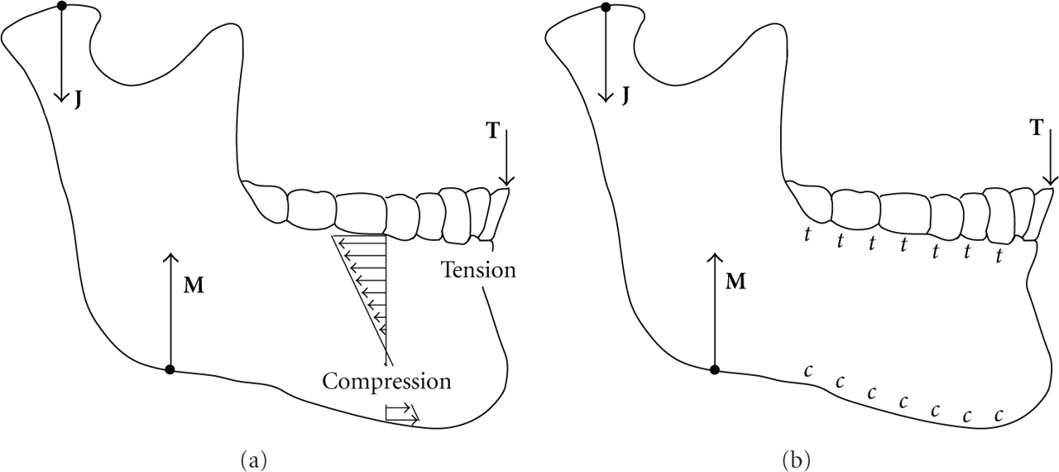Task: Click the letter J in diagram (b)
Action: [x=625, y=97]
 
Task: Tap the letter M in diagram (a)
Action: [x=194, y=287]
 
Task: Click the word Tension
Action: [x=478, y=270]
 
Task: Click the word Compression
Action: [x=386, y=382]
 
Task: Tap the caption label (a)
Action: [x=253, y=457]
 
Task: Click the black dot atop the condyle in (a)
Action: [x=61, y=7]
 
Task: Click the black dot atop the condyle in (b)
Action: [x=606, y=7]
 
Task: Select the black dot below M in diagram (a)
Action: [x=170, y=369]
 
